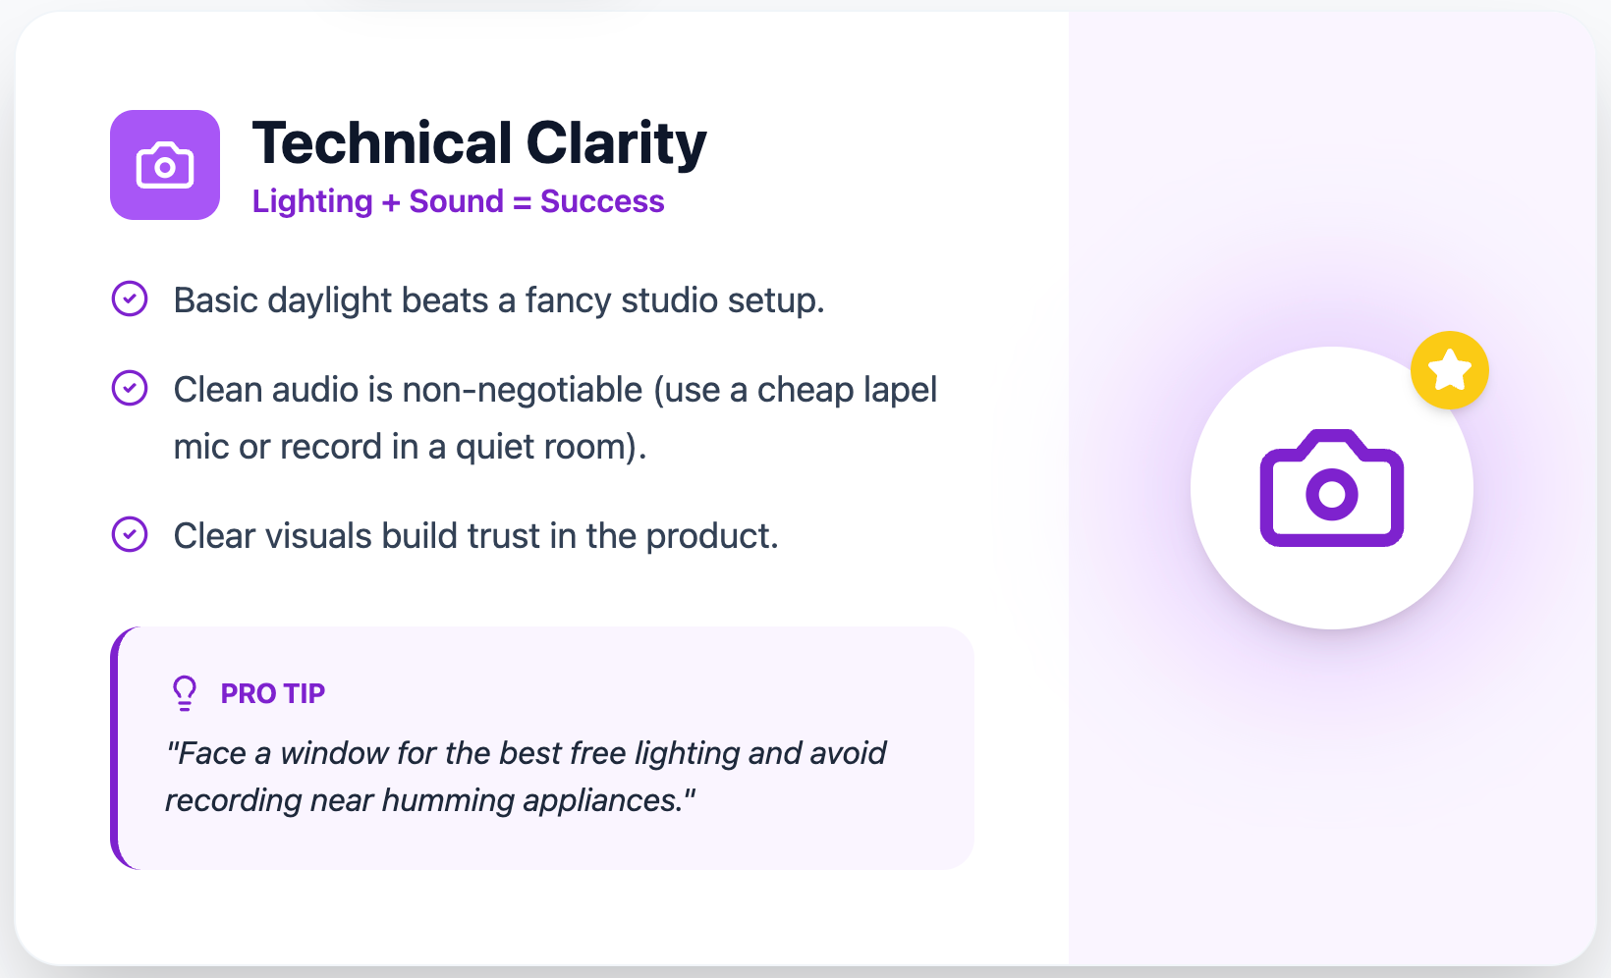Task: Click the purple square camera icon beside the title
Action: (165, 165)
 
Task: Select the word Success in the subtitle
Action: (602, 201)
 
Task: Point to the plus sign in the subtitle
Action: (391, 202)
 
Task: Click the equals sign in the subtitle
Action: (522, 202)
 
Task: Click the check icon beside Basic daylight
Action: (130, 299)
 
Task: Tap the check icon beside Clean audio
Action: (130, 388)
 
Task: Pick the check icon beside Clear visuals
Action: (130, 534)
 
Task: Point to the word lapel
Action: (900, 390)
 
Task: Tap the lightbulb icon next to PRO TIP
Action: (185, 692)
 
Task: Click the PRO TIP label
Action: (272, 693)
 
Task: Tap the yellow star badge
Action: (1449, 370)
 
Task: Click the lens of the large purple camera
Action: (1331, 493)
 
